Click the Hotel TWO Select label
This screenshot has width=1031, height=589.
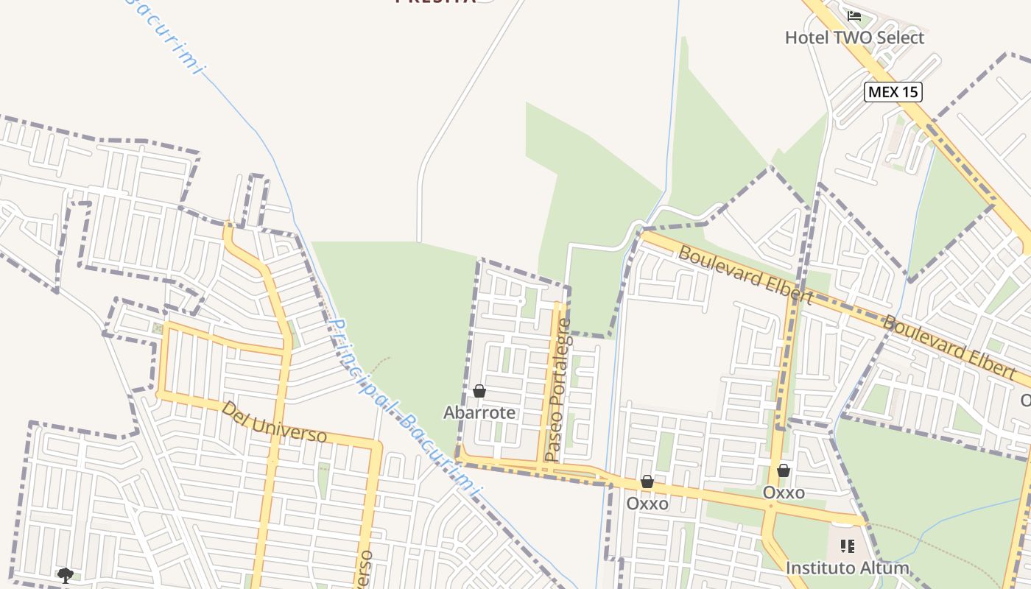[x=854, y=38]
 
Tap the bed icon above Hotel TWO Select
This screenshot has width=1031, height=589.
[x=854, y=15]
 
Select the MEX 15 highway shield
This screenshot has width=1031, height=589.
[x=893, y=92]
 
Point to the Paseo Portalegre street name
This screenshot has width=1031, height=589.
[x=557, y=390]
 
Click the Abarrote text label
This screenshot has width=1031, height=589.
[x=479, y=413]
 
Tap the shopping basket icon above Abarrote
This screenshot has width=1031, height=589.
[x=479, y=391]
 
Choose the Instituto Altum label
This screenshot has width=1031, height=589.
[x=847, y=568]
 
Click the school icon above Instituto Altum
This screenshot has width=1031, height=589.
[x=847, y=546]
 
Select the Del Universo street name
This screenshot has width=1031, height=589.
[x=274, y=422]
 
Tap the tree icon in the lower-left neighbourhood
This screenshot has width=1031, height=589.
[x=66, y=575]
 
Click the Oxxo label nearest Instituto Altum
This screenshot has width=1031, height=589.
[x=784, y=493]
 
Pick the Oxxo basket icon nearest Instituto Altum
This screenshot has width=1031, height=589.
[x=784, y=470]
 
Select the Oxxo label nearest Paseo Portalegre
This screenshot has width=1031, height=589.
[x=647, y=504]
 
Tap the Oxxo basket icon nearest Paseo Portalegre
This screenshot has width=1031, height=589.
[x=647, y=482]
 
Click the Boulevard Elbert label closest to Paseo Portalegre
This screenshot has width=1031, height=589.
[x=745, y=275]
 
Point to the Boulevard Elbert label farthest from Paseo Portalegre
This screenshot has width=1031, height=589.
[x=949, y=347]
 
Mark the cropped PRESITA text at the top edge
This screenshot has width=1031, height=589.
[x=434, y=2]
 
